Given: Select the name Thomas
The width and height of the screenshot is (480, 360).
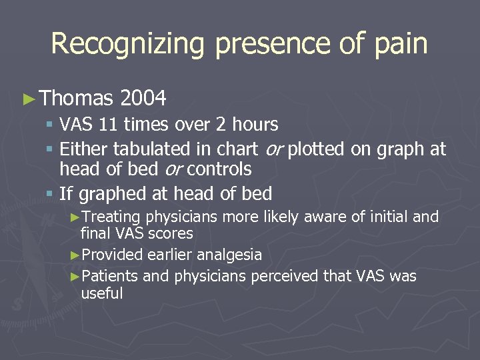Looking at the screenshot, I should pos(76,99).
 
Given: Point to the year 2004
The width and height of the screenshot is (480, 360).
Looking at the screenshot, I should pos(143,99).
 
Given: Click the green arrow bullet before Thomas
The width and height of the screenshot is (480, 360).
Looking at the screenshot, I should pos(28,100).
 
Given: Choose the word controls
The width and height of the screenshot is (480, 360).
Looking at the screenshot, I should pos(219,169).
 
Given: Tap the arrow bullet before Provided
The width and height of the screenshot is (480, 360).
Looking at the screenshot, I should pos(75,255).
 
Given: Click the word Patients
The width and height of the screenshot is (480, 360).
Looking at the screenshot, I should pos(110,276).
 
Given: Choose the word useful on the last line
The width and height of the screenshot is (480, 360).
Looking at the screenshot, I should pos(101,293).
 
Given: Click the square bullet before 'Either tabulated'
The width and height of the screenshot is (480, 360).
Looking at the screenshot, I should pos(50,149).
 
